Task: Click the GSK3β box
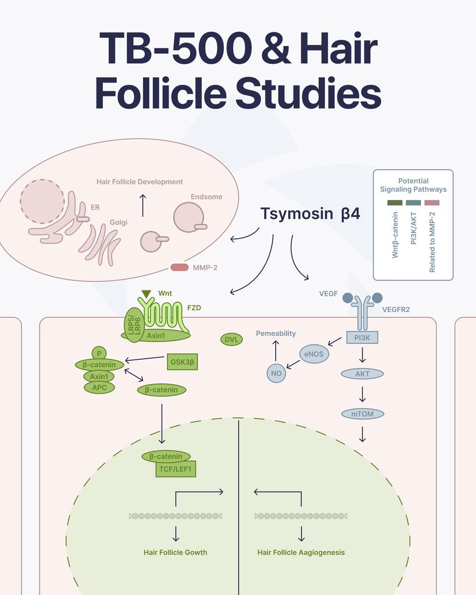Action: tap(182, 362)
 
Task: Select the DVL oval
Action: tap(231, 339)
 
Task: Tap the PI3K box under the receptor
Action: tap(362, 338)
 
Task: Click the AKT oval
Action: tap(362, 374)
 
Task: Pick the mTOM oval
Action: tap(363, 414)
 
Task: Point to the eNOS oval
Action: tap(314, 354)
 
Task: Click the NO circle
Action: tap(276, 373)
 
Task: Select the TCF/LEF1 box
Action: tap(176, 469)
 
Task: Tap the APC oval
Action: tap(99, 388)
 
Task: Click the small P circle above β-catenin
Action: tap(99, 353)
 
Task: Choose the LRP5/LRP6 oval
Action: tap(135, 325)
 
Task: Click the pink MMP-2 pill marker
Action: tap(180, 267)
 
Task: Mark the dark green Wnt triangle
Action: tap(146, 293)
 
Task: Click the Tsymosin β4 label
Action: tap(310, 214)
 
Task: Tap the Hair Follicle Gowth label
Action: tap(176, 553)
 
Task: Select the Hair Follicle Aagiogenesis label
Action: tap(301, 553)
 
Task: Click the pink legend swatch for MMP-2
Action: tap(432, 203)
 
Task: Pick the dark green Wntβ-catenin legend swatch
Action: tap(395, 203)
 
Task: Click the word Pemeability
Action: tap(276, 333)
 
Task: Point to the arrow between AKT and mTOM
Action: tap(363, 395)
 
